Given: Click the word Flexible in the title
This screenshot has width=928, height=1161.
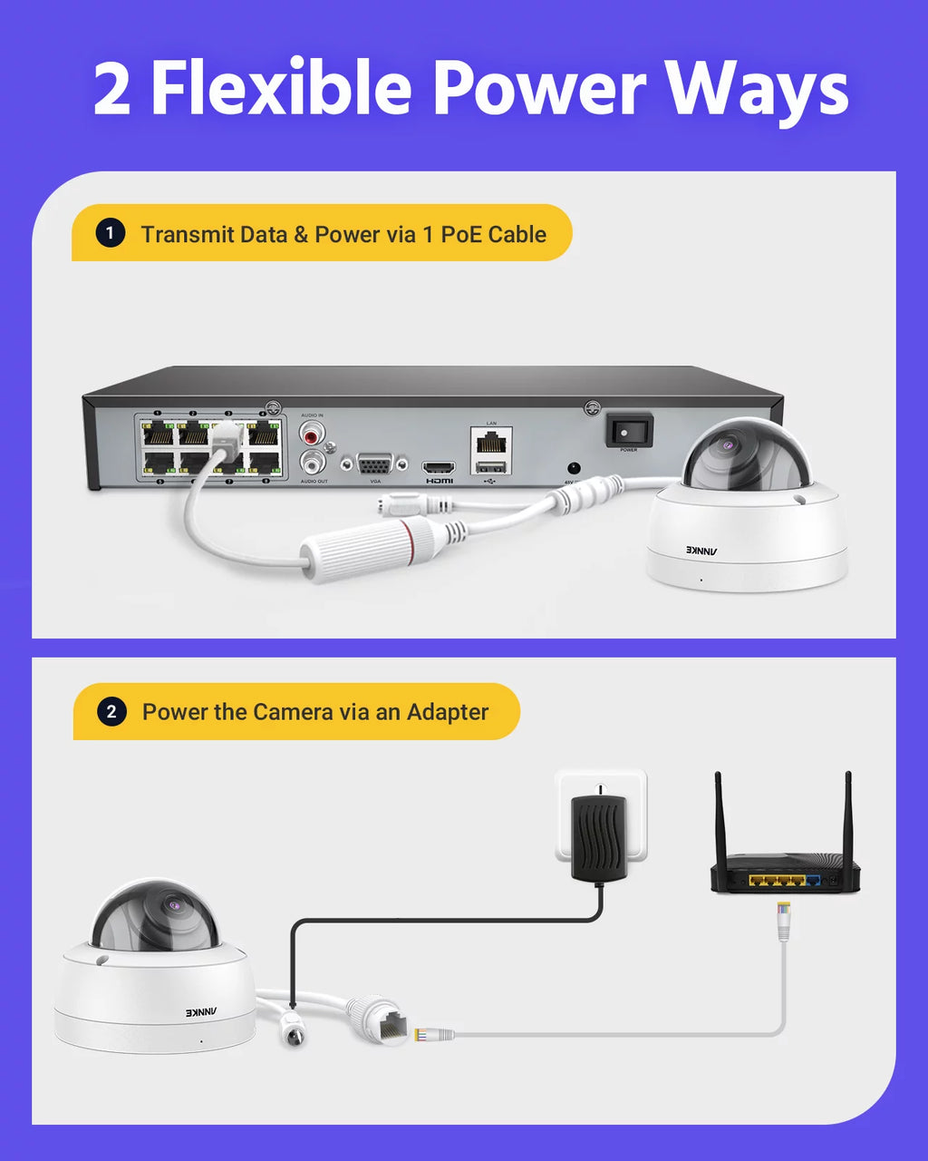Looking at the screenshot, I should coord(281,89).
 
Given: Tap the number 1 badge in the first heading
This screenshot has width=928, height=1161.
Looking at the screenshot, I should coord(110,234).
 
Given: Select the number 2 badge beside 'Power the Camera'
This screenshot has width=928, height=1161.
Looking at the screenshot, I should coord(111,712).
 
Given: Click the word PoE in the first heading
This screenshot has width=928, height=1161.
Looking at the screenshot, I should coord(460,234).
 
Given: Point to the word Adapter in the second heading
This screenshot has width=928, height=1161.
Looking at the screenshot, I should coord(447,712).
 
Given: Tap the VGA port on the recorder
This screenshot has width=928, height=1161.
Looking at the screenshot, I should coord(375,463).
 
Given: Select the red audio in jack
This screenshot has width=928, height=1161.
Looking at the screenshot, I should coord(313,431).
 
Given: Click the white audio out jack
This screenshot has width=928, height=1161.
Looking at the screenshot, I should coord(313,463).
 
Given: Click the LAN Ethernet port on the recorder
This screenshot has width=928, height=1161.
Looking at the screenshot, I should coord(491,442).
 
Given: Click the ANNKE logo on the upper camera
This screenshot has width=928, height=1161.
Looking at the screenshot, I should coord(701,550).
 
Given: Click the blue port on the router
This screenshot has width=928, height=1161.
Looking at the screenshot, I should coord(814,880).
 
